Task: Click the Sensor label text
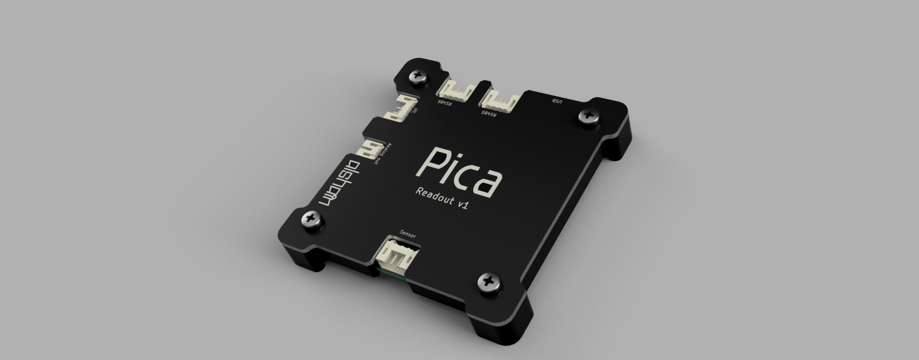pyautogui.click(x=408, y=236)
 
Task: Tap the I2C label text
pyautogui.click(x=415, y=113)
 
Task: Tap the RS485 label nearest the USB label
pyautogui.click(x=489, y=114)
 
